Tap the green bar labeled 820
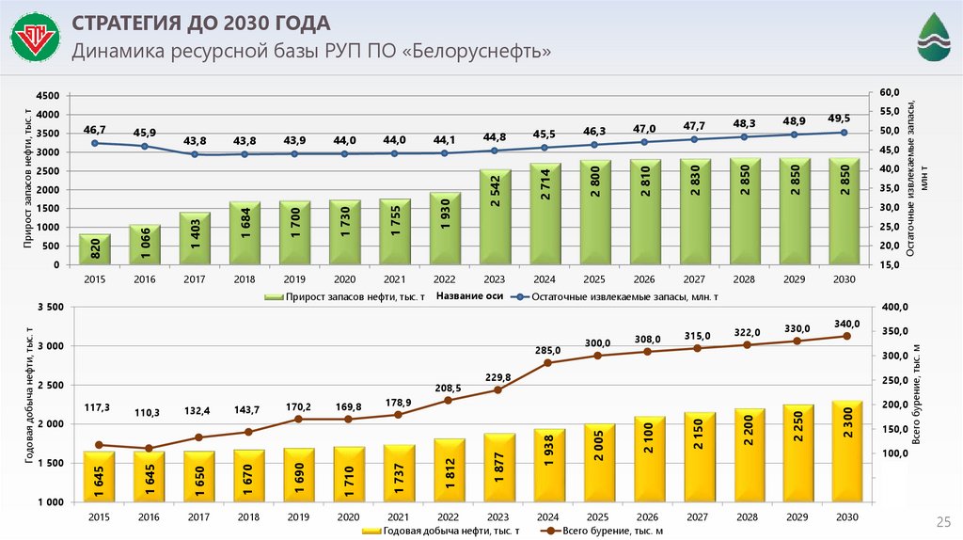(x=95, y=249)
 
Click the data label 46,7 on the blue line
(x=95, y=129)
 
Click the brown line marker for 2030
(x=846, y=336)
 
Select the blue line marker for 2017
(x=195, y=154)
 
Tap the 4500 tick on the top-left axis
(x=47, y=96)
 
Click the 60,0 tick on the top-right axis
(x=890, y=92)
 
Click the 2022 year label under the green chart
(x=446, y=279)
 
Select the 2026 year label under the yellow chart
(x=646, y=517)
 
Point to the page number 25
(x=940, y=520)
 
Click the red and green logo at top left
(x=35, y=40)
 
